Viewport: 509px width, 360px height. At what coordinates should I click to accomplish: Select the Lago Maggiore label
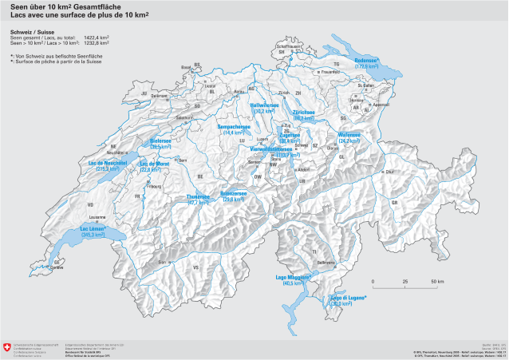[293, 275]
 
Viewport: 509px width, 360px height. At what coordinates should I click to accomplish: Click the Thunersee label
[198, 196]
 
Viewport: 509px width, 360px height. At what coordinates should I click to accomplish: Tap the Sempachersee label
[236, 125]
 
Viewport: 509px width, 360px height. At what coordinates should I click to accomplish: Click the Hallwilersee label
[263, 105]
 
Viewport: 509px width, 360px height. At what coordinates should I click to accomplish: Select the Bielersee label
[161, 140]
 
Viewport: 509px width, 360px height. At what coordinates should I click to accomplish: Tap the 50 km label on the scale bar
[437, 282]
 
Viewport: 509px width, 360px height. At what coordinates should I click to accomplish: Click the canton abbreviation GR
[394, 202]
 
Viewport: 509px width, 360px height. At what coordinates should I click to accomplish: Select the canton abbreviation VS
[195, 267]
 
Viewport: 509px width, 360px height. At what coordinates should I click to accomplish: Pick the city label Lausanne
[97, 216]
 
